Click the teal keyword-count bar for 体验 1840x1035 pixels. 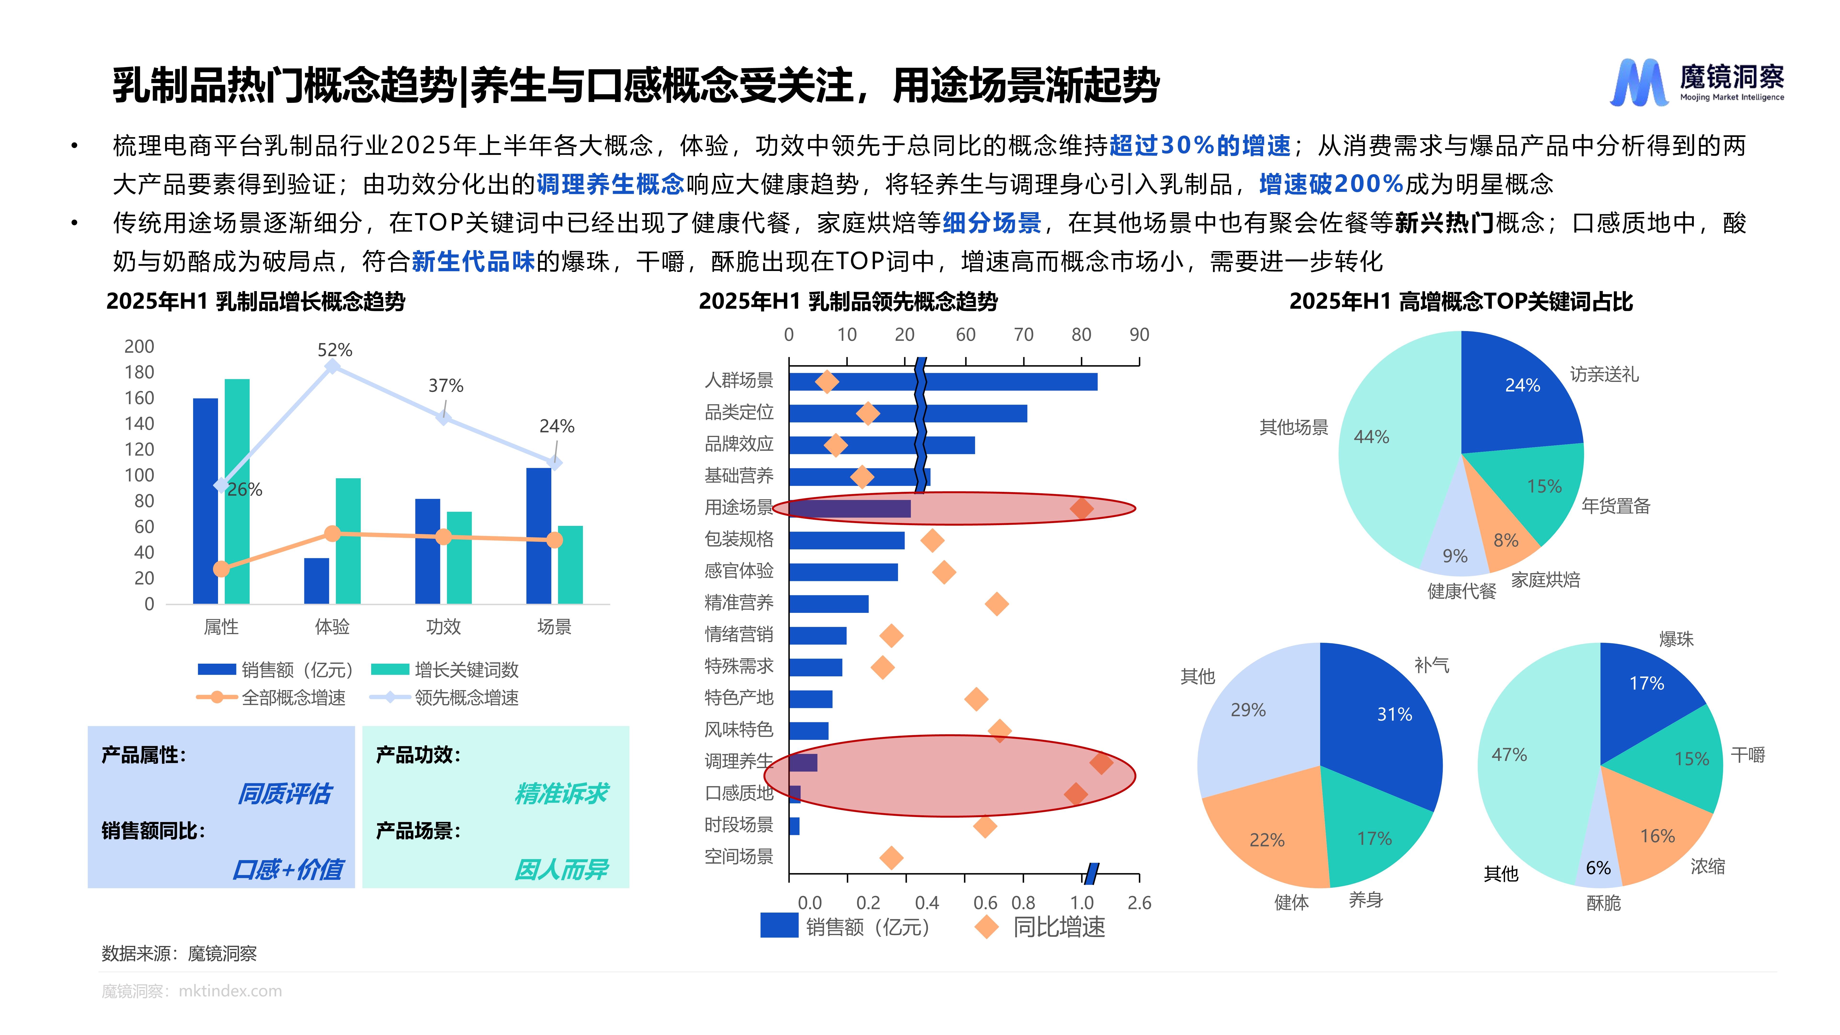pyautogui.click(x=348, y=541)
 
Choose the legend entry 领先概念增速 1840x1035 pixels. pyautogui.click(x=466, y=698)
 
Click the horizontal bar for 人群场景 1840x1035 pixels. pyautogui.click(x=943, y=381)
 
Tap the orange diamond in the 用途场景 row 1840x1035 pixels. pyautogui.click(x=1081, y=509)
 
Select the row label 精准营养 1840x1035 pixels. pyautogui.click(x=739, y=603)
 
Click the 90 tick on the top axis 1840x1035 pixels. pyautogui.click(x=1139, y=335)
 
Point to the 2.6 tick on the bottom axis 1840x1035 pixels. pyautogui.click(x=1139, y=903)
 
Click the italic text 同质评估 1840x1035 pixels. pyautogui.click(x=284, y=793)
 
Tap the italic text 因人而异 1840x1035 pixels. pyautogui.click(x=561, y=869)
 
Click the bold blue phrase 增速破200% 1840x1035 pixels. pyautogui.click(x=1331, y=184)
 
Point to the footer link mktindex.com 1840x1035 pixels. pyautogui.click(x=230, y=991)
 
